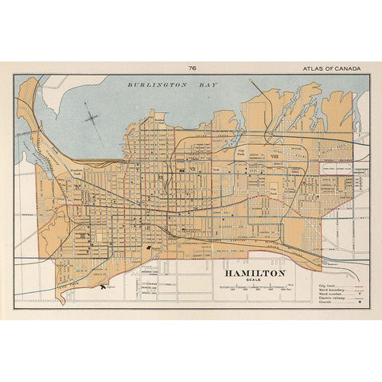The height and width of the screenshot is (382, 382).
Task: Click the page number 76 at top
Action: (x=192, y=68)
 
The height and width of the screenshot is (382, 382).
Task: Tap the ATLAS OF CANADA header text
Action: (x=335, y=68)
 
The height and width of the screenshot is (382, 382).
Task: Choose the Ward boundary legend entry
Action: (x=329, y=289)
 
